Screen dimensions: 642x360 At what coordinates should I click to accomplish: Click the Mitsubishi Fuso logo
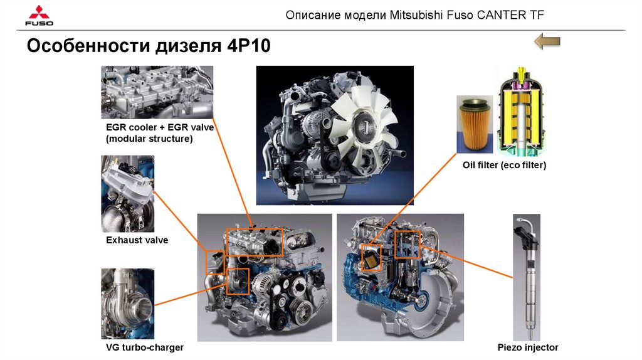click(39, 16)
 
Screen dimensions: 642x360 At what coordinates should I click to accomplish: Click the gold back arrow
click(547, 41)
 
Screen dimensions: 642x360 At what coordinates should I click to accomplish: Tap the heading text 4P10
click(248, 45)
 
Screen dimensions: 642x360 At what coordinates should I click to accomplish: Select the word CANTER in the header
click(501, 15)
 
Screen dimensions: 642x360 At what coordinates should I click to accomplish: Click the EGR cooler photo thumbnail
click(157, 92)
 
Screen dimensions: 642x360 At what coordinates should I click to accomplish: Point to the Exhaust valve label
click(137, 240)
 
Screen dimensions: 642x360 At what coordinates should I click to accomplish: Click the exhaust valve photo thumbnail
click(128, 194)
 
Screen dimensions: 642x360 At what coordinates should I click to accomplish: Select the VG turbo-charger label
click(145, 347)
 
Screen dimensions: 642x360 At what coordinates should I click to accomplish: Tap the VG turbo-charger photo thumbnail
click(128, 304)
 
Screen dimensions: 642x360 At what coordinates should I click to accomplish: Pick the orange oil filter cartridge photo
click(475, 125)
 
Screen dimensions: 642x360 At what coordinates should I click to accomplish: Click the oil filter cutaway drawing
click(521, 111)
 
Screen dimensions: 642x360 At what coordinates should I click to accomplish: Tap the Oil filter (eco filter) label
click(505, 165)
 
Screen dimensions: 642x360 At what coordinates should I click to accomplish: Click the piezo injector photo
click(527, 277)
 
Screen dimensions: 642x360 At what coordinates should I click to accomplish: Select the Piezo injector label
click(528, 347)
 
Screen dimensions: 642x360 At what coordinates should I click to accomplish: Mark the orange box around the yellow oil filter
click(362, 258)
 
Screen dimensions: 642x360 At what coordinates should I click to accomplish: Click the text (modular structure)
click(149, 139)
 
